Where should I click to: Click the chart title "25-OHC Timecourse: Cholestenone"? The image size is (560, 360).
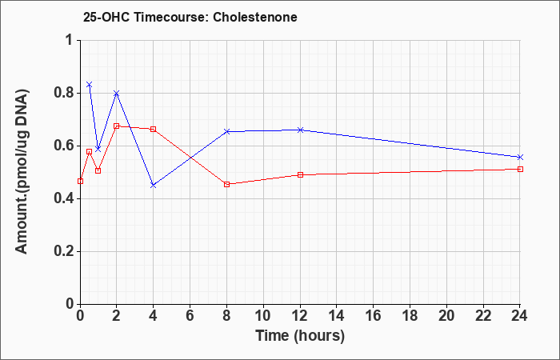190,17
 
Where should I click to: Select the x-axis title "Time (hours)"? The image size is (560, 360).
300,336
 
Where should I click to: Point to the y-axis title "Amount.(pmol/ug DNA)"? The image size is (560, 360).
22,172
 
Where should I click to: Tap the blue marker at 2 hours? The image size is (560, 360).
117,94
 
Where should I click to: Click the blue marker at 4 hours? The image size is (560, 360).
154,186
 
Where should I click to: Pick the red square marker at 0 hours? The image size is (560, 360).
80,181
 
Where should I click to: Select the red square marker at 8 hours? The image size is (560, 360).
226,184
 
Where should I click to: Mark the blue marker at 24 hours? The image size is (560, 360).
520,157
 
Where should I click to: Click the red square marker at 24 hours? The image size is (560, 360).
520,169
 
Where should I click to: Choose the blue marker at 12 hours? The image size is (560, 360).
300,130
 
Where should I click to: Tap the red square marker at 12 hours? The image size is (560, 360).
300,174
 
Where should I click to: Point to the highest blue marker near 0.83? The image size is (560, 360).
90,85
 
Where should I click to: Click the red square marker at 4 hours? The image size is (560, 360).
154,129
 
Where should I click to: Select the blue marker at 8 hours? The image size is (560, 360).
226,132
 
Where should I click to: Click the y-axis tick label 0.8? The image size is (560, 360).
64,94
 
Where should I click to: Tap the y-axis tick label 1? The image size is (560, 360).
69,40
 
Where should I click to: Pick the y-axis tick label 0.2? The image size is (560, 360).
64,251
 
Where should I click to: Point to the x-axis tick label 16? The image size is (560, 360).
374,316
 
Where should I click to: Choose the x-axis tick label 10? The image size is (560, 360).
263,316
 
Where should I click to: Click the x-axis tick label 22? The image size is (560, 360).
483,316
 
